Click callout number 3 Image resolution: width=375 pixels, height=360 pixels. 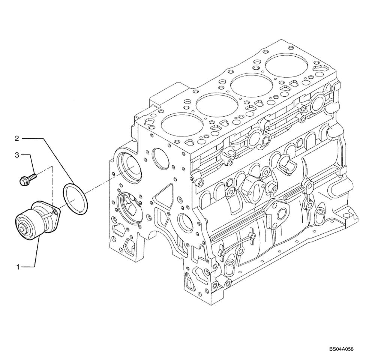tap(17, 154)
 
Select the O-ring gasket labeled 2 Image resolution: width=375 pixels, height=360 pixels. tap(75, 199)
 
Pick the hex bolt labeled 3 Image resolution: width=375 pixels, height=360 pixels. tap(28, 178)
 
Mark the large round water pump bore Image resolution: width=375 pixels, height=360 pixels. tap(129, 165)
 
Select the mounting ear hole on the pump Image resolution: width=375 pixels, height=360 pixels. tap(56, 213)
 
